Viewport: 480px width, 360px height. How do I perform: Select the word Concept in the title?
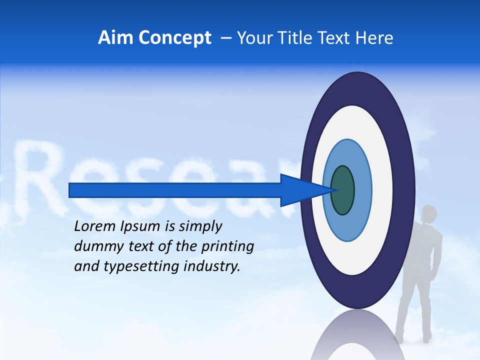click(x=175, y=38)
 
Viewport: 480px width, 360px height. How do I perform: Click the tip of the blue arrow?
click(x=334, y=190)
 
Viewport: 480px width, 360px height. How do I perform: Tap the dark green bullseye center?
click(x=343, y=190)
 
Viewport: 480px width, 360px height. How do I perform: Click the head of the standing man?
click(x=428, y=213)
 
